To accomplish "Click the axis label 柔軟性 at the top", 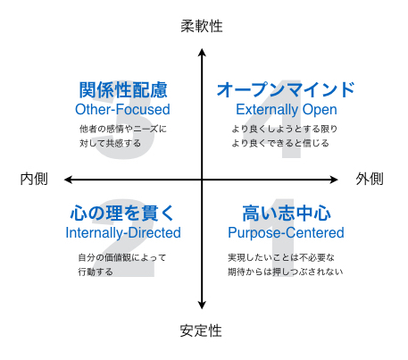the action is pos(202,26).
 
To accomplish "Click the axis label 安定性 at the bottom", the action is pos(201,331).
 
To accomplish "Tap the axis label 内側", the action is pos(34,179).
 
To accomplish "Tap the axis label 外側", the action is pos(370,179).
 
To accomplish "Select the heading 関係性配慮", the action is pos(123,90).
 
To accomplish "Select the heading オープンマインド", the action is pos(286,90).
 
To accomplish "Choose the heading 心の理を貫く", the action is pos(122,213).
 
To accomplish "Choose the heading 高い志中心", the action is pos(287,213).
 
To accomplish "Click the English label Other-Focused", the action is pos(122,109).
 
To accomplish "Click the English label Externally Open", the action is pos(287,110).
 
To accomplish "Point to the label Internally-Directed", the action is pos(123,233).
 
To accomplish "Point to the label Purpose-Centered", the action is pos(286,233).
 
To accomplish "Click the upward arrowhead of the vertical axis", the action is pos(202,53).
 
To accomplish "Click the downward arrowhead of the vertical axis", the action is pos(202,305).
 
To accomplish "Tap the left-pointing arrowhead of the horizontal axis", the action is pos(69,180).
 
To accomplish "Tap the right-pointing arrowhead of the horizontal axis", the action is pos(334,180).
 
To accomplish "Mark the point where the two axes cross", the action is pos(202,180).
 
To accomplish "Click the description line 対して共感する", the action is pos(110,143).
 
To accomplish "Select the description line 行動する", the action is pos(96,272).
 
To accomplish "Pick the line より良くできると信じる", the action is pos(280,143).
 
